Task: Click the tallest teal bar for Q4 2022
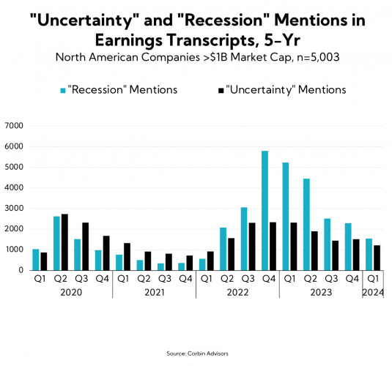click(x=264, y=210)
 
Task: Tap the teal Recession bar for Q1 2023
click(x=285, y=216)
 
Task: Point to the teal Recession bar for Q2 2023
click(x=306, y=224)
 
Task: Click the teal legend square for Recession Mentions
click(x=62, y=90)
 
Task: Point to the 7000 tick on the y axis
click(x=15, y=126)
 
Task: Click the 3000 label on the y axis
click(x=15, y=209)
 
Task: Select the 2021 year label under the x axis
click(x=154, y=291)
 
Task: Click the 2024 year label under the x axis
click(x=374, y=291)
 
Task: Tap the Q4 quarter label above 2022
click(x=269, y=279)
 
